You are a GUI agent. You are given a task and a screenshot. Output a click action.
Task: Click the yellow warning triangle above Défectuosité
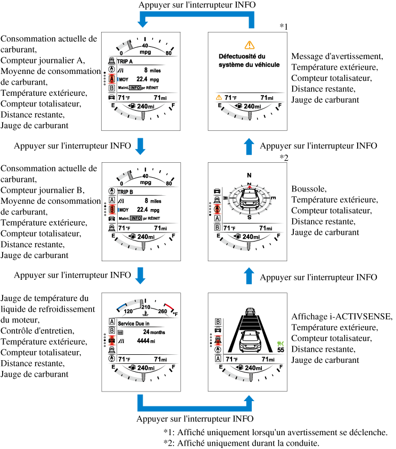click(249, 45)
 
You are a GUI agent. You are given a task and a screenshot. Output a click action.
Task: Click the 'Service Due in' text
click(136, 322)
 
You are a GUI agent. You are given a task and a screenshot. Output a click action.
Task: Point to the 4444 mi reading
click(145, 341)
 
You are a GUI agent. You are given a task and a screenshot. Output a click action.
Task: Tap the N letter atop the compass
click(248, 175)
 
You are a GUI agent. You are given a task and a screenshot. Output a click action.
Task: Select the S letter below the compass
click(248, 217)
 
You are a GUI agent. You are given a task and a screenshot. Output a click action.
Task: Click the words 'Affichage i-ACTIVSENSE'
click(342, 317)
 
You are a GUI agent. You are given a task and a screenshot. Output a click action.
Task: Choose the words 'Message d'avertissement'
click(337, 56)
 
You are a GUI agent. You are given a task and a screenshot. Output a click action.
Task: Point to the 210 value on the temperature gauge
click(145, 307)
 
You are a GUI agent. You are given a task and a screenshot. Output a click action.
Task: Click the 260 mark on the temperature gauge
click(163, 312)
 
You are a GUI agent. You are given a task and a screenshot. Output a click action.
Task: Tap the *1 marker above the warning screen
click(284, 26)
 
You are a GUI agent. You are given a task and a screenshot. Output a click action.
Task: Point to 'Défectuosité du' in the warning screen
click(242, 56)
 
